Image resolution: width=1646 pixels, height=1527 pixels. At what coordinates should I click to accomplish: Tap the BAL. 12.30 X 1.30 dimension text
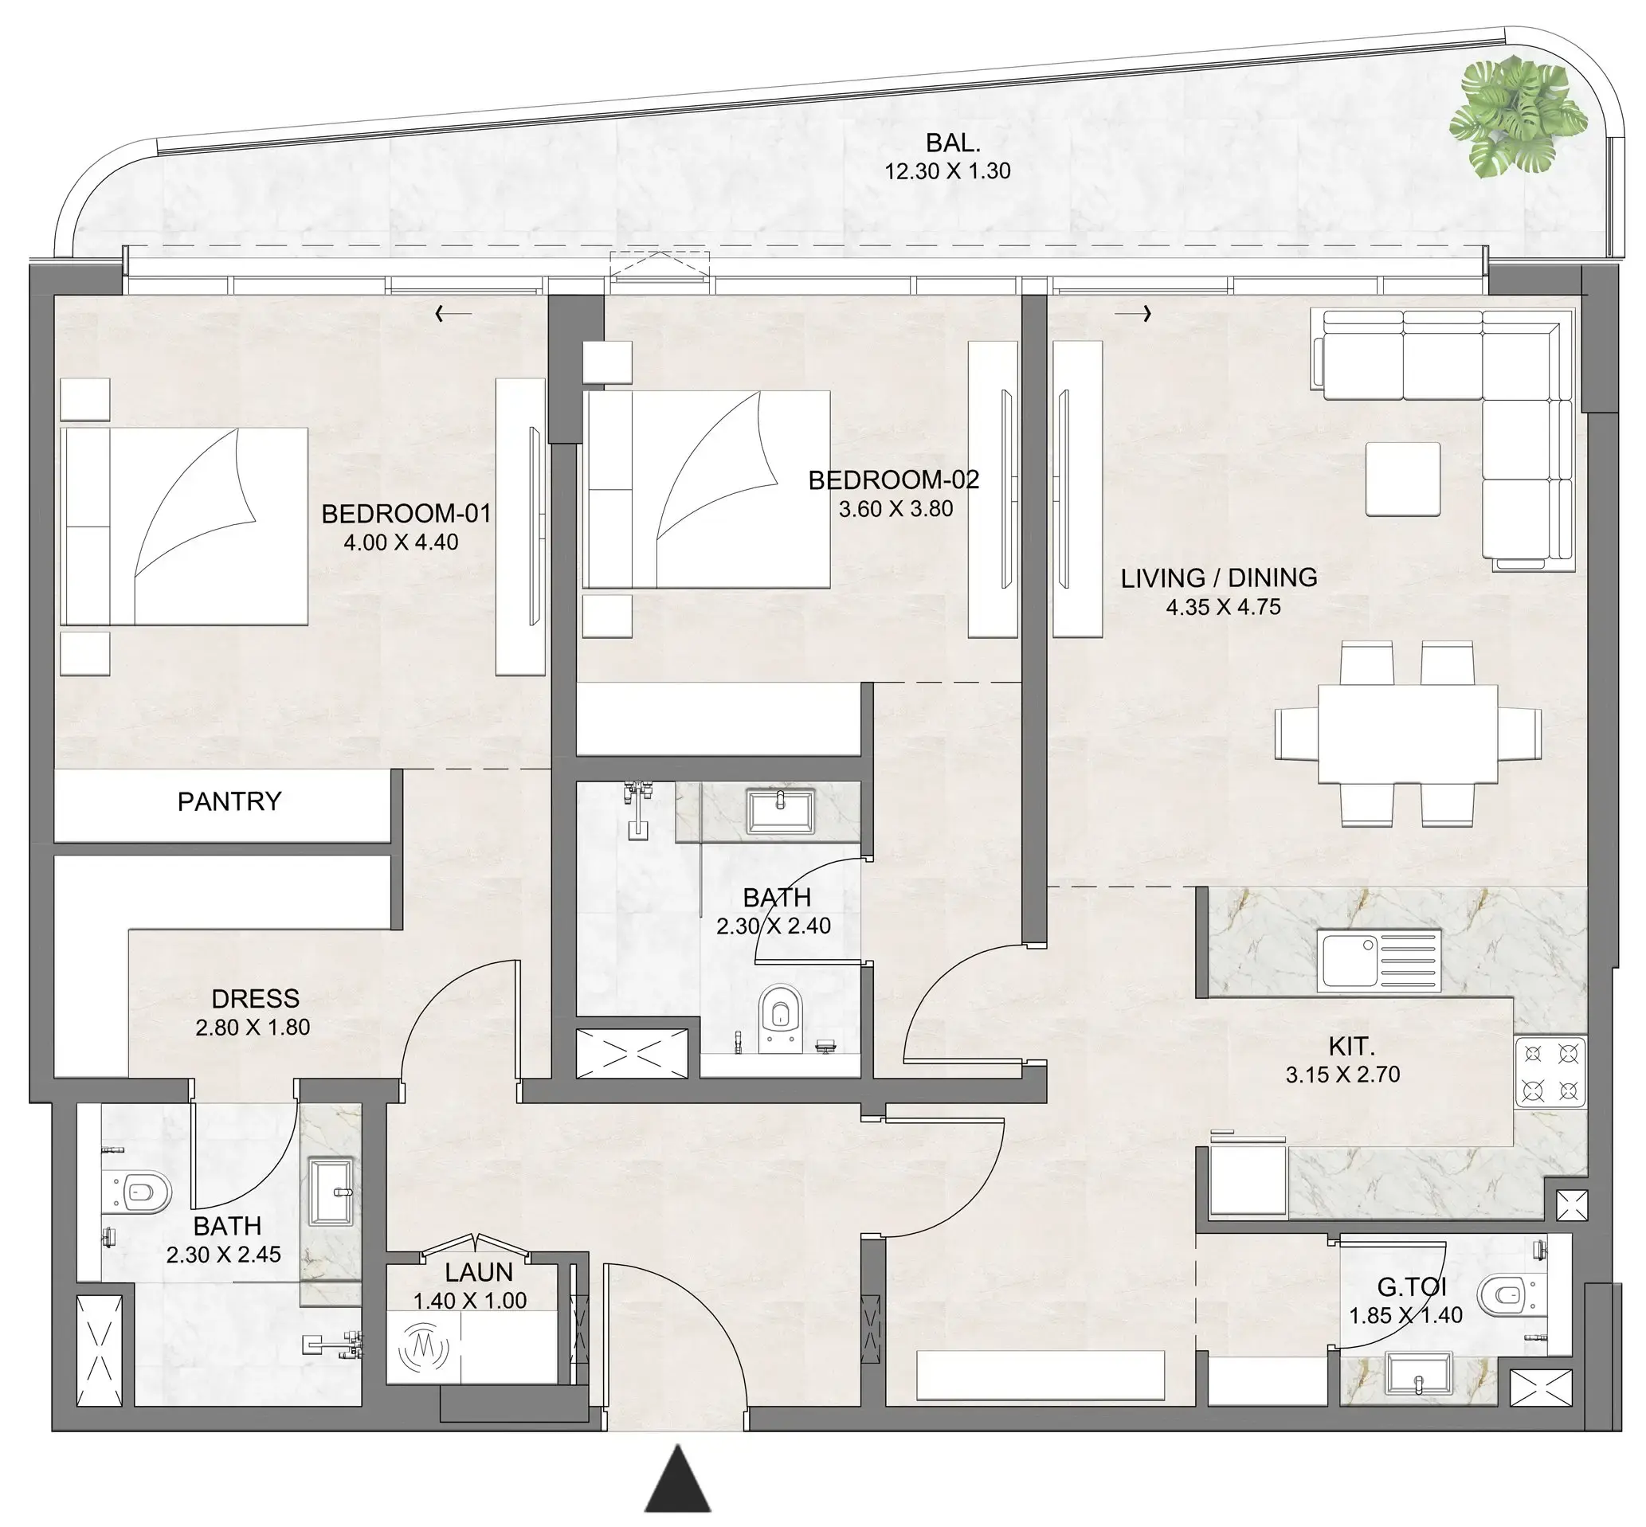tap(947, 171)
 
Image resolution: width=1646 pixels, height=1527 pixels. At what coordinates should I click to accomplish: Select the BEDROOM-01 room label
tap(406, 513)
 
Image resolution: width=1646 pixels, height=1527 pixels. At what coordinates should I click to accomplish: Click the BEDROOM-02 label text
tap(893, 480)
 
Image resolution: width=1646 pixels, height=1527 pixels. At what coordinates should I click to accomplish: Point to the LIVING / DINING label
tap(1218, 577)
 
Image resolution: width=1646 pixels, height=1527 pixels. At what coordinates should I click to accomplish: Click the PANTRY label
tap(229, 801)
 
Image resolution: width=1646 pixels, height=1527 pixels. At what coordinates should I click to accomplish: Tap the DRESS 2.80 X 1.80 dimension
tap(253, 1027)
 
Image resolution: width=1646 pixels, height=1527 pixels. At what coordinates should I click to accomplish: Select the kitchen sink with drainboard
tap(1379, 960)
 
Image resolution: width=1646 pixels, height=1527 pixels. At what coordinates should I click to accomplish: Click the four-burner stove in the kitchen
tap(1550, 1072)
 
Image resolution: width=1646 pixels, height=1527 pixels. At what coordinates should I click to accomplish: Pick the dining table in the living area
tap(1407, 734)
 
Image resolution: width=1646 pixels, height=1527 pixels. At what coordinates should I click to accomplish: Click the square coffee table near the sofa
tap(1402, 479)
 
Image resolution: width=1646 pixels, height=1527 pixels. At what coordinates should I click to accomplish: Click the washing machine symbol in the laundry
tap(423, 1349)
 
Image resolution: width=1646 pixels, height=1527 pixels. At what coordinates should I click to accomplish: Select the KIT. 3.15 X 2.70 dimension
tap(1342, 1075)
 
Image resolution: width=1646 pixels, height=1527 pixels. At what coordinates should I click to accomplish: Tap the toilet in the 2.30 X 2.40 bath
tap(779, 1016)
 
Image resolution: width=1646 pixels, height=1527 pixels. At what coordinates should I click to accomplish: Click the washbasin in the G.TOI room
tap(1419, 1372)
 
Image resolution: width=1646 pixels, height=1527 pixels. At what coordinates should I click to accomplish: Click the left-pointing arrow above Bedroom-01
tap(453, 313)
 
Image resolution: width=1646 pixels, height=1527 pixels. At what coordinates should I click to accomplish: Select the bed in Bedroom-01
tap(183, 527)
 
